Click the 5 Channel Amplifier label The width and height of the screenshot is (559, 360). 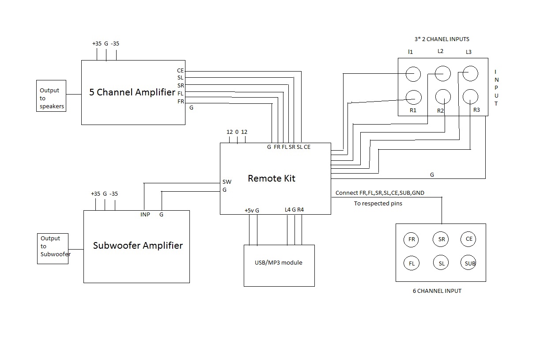132,92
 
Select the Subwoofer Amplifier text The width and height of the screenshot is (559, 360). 138,246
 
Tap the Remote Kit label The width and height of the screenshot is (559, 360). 272,178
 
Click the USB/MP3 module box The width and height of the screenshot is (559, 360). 279,265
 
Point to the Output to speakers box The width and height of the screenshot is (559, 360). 51,96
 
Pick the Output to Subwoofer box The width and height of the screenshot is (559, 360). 53,249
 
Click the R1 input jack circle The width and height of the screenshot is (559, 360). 413,97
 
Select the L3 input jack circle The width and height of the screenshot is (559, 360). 470,73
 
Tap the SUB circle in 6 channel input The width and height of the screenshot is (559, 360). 470,263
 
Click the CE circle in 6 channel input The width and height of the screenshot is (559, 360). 468,239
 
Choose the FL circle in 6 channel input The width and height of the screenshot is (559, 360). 412,263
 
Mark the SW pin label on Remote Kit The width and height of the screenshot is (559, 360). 227,182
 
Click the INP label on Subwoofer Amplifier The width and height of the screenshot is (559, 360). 145,215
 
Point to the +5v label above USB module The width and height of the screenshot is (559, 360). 249,210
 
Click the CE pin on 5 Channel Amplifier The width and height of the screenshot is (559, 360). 180,71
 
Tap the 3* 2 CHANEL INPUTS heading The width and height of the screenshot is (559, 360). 438,39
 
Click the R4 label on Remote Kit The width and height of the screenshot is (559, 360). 301,210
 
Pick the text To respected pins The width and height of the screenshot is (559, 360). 378,204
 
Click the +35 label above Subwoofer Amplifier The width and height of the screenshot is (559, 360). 95,194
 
